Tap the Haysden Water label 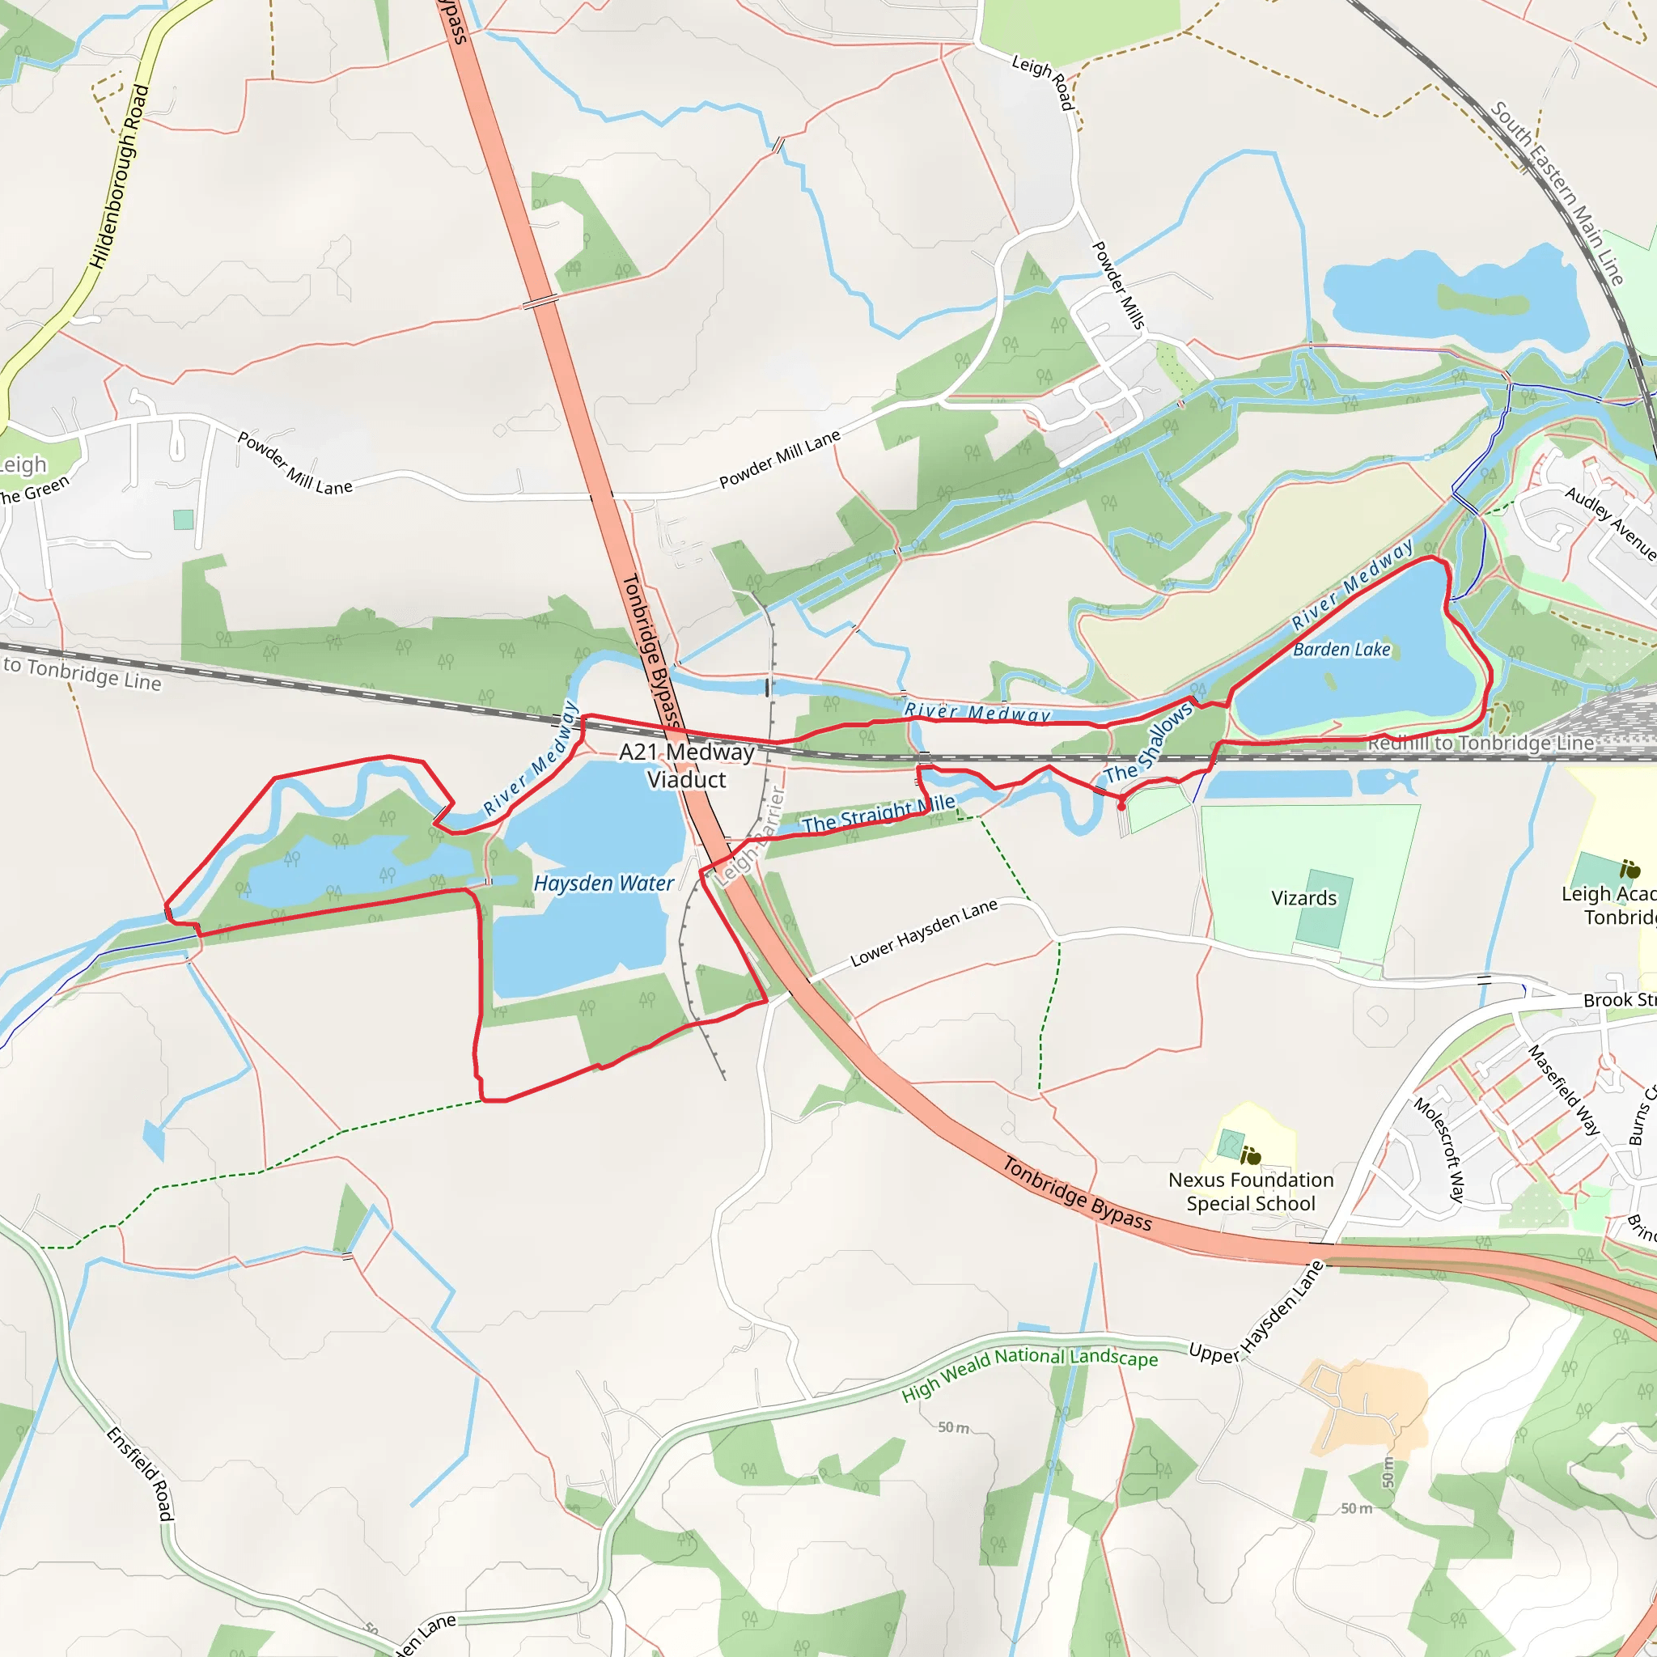pos(604,884)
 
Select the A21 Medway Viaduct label pos(687,766)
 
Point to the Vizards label pos(1303,898)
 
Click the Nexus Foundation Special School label pos(1251,1191)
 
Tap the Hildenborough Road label pos(120,176)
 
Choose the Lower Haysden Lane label pos(924,933)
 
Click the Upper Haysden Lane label pos(1257,1313)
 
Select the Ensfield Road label pos(141,1473)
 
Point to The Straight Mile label pos(878,814)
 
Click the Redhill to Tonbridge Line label pos(1481,744)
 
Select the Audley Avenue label pos(1610,522)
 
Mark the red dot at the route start pos(1121,806)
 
